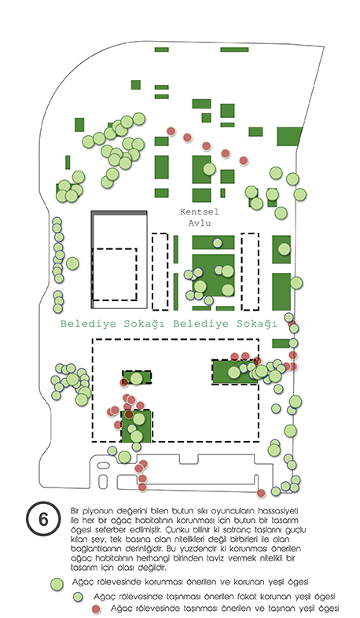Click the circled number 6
tap(43, 519)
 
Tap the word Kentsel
tap(200, 212)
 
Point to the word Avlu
tap(200, 223)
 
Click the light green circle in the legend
tap(57, 584)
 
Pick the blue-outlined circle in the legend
tap(78, 597)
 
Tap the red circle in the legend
tap(96, 609)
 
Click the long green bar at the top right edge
tap(234, 50)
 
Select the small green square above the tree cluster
tap(135, 85)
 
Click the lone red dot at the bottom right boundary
tap(261, 493)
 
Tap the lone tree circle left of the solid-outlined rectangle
tap(72, 263)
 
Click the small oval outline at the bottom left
tap(104, 465)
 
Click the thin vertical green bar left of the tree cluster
tap(68, 163)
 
